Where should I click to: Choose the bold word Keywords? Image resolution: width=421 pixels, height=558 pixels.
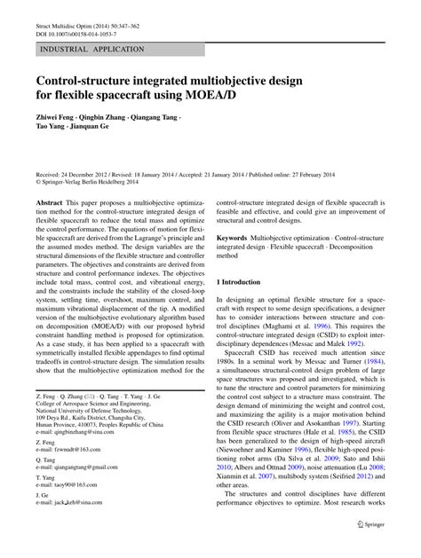coord(232,239)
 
